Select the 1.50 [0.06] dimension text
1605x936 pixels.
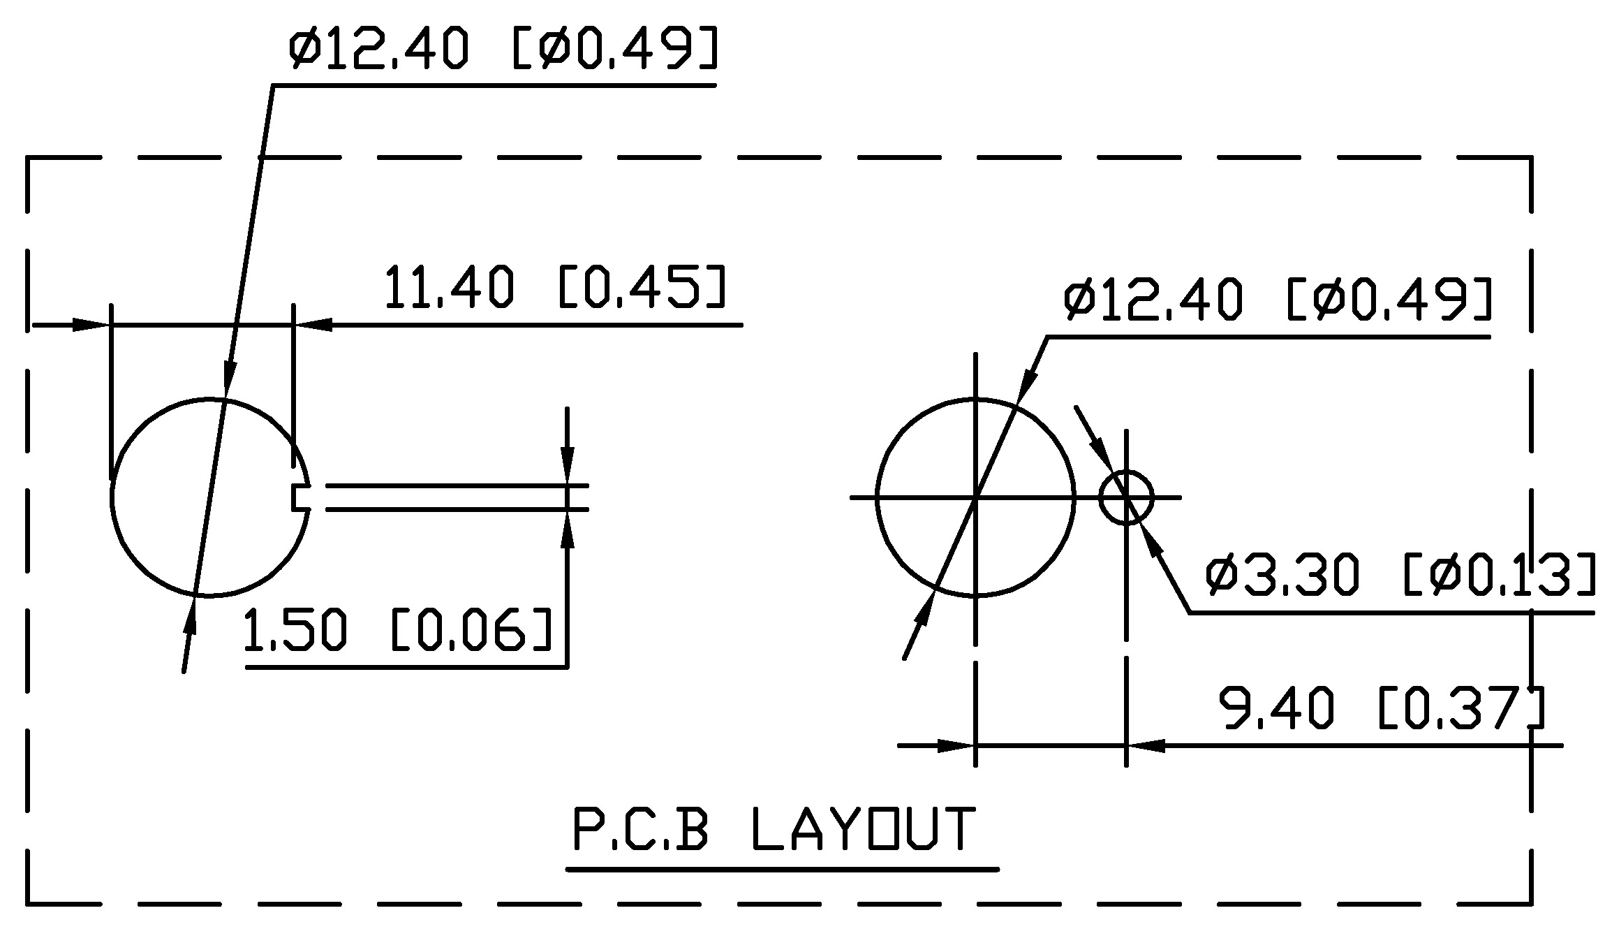[398, 629]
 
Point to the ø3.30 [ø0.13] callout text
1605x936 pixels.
[1400, 575]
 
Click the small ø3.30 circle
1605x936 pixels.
[1126, 497]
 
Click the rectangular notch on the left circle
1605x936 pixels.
[301, 497]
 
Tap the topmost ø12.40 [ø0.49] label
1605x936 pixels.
[503, 47]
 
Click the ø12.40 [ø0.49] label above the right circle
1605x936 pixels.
[1278, 299]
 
